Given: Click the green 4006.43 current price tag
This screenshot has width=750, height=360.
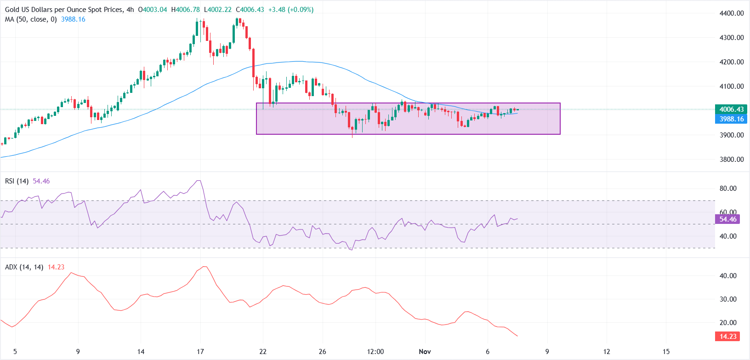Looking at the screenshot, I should [731, 109].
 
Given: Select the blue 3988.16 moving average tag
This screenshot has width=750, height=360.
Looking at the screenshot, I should [731, 119].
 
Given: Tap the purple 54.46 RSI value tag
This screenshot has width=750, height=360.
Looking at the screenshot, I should [727, 219].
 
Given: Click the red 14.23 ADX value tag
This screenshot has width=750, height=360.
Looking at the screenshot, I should [727, 337].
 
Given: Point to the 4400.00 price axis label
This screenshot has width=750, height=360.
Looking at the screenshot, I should [731, 13].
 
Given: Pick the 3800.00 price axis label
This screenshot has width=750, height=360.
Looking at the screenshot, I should [731, 160].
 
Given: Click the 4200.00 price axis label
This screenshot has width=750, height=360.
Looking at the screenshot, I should [731, 62].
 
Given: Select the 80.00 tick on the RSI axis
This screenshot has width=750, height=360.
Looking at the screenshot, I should [728, 189].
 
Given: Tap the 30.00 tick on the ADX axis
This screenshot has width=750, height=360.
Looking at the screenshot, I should [728, 299].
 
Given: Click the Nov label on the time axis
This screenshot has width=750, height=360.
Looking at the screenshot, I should [425, 352].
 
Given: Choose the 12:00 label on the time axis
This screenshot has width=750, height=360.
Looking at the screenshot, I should [375, 352].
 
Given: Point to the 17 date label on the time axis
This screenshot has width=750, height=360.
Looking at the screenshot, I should [200, 352].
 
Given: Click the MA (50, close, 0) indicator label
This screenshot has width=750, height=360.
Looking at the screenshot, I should [31, 19].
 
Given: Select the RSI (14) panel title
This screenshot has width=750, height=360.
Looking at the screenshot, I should [17, 181].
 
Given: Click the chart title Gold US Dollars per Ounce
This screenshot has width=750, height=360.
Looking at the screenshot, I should [64, 10].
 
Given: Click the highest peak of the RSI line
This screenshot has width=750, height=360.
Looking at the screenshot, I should [199, 181].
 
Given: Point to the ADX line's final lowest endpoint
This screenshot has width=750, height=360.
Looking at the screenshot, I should [517, 336].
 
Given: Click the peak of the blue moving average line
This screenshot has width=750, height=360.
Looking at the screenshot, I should [298, 61].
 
